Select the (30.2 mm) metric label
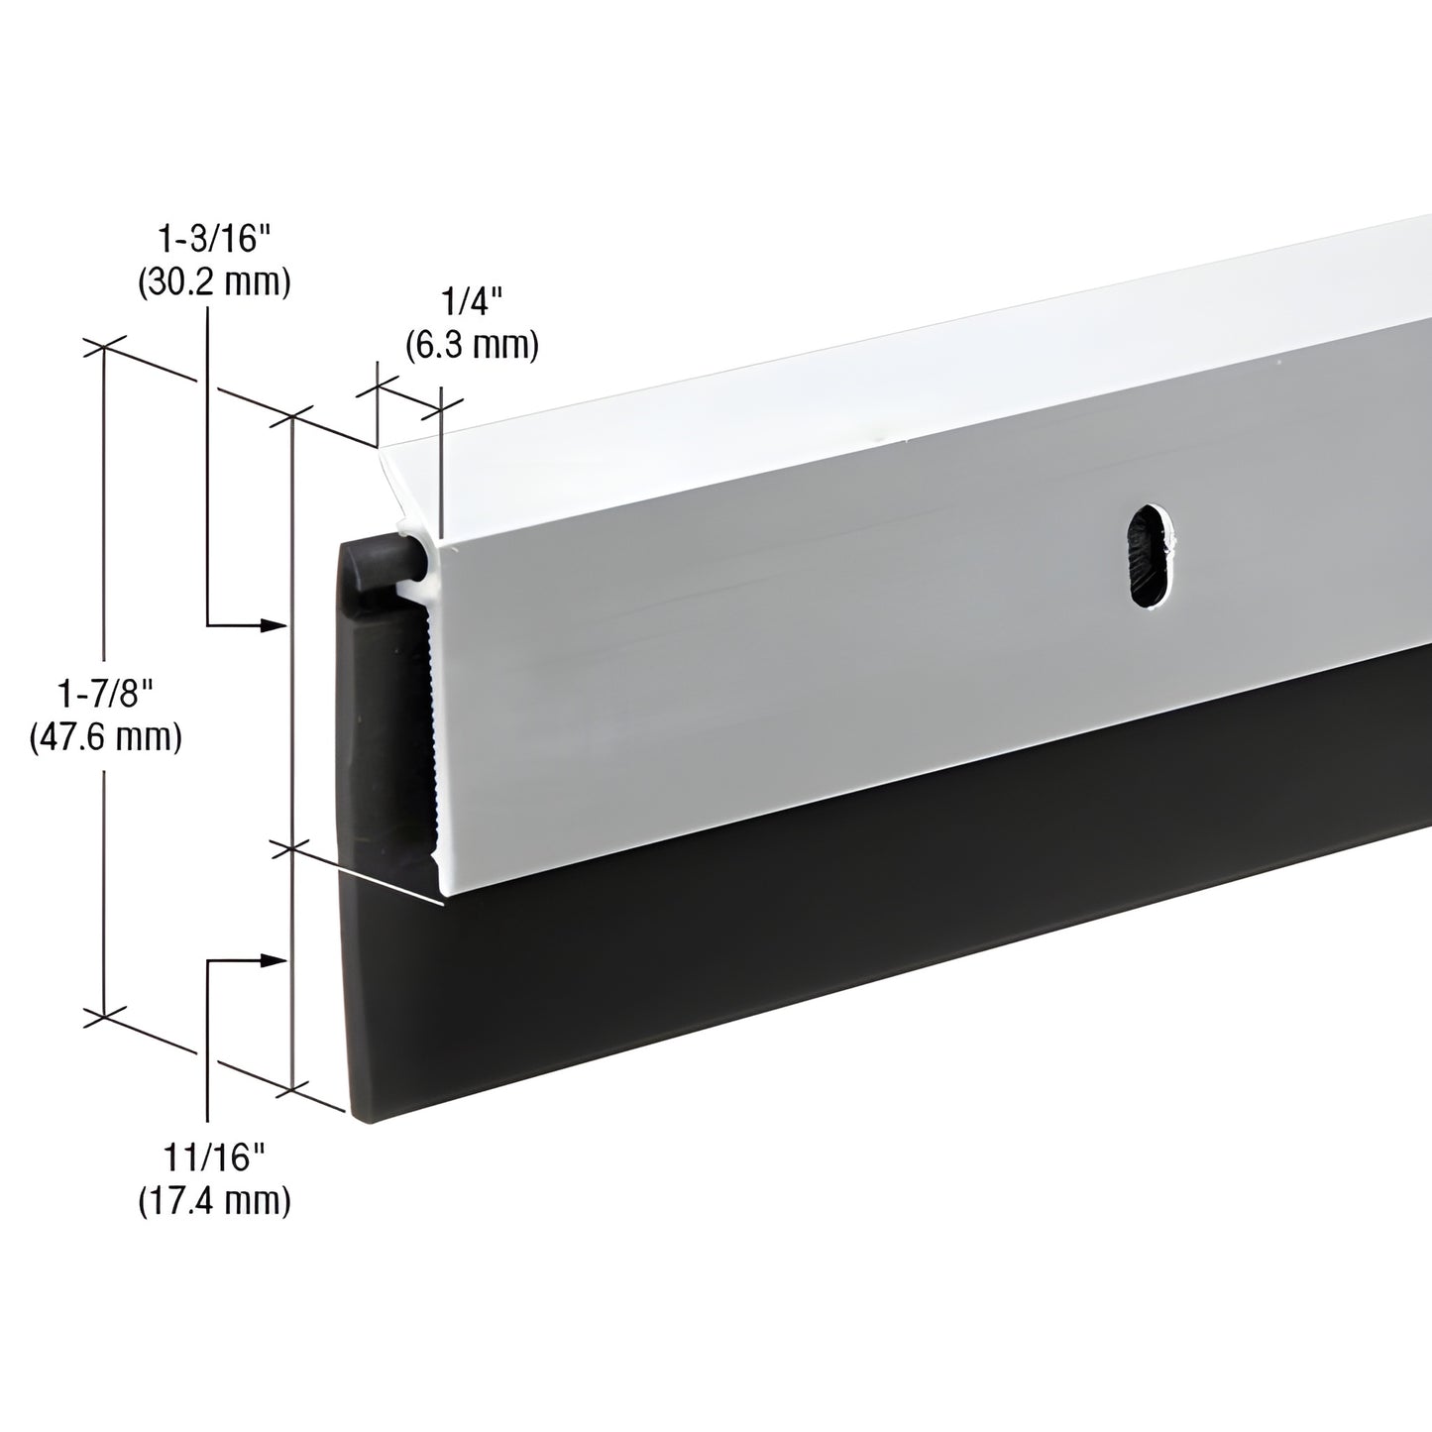[212, 282]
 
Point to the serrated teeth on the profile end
[428, 714]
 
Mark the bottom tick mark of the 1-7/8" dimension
[105, 1016]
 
